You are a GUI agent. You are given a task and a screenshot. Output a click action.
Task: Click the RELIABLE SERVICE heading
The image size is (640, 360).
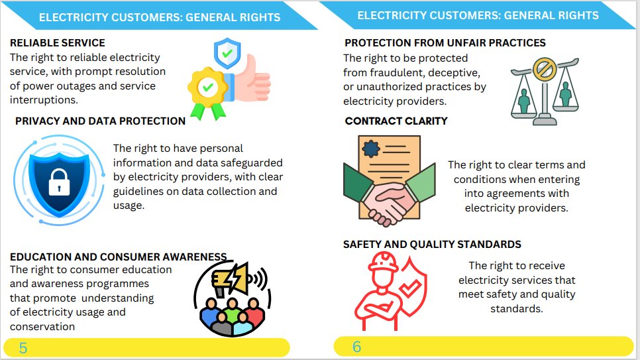coord(57,43)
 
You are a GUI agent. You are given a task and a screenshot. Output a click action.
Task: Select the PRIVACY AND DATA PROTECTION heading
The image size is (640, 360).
coord(100,121)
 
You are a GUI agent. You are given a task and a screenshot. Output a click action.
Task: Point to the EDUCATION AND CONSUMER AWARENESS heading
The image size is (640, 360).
coord(119,257)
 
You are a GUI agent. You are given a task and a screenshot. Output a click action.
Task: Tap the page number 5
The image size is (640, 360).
coord(23,347)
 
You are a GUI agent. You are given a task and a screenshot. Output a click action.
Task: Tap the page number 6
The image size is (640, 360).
coord(356,346)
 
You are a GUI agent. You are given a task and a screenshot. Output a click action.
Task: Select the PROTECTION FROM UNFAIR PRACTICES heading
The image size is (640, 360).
coord(445,43)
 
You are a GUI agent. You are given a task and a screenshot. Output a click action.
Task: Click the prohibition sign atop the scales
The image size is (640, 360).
coord(545,68)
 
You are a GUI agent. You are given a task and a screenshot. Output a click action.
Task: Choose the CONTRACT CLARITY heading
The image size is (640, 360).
coord(396,121)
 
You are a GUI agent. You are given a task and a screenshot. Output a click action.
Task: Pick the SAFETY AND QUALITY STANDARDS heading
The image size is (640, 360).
coord(432,244)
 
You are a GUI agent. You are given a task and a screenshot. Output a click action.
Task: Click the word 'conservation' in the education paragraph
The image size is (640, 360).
coord(42,326)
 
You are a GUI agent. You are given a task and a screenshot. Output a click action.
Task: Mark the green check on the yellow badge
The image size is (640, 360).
coord(208,87)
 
